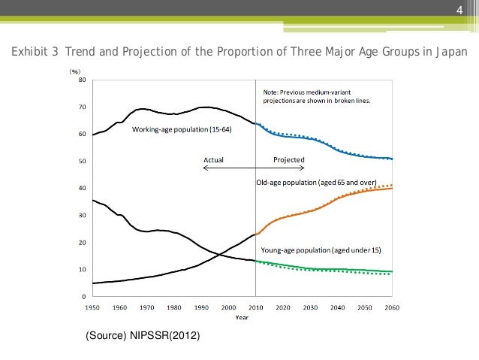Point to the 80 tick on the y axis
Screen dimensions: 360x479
81,80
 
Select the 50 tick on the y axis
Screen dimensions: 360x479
81,161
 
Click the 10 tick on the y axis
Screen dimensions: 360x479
81,269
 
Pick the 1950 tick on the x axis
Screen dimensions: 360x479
93,307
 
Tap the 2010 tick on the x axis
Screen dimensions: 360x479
256,307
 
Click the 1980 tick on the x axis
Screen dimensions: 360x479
174,307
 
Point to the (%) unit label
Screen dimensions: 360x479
75,71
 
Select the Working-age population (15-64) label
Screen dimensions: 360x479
182,130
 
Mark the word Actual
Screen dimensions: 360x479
214,159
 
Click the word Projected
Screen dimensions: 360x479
289,159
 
